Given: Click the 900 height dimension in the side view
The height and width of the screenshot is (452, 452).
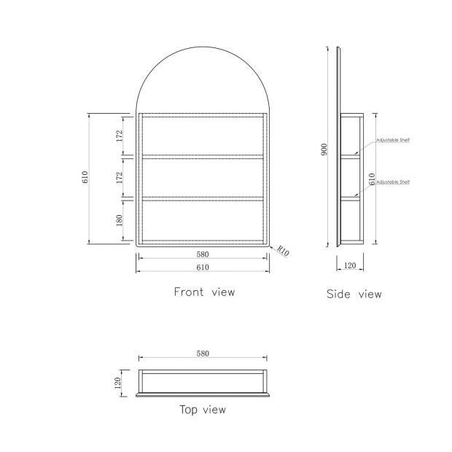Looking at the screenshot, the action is [x=324, y=149].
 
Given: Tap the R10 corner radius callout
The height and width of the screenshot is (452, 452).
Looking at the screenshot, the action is [x=283, y=251].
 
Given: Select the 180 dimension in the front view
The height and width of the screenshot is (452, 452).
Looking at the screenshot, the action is [x=120, y=220].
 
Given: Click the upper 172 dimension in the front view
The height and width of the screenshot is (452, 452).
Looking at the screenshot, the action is [x=120, y=136].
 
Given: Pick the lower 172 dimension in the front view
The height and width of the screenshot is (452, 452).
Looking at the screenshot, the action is [x=120, y=178].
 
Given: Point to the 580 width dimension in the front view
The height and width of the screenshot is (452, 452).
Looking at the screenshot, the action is [x=203, y=254].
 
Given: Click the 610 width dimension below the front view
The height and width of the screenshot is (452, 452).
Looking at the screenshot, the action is [x=203, y=268].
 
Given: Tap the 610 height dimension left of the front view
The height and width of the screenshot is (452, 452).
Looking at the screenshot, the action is [x=85, y=177].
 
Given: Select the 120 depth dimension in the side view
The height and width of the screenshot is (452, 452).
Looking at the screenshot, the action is [x=350, y=265].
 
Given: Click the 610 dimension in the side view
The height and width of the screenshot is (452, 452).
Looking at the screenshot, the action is [x=372, y=179].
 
